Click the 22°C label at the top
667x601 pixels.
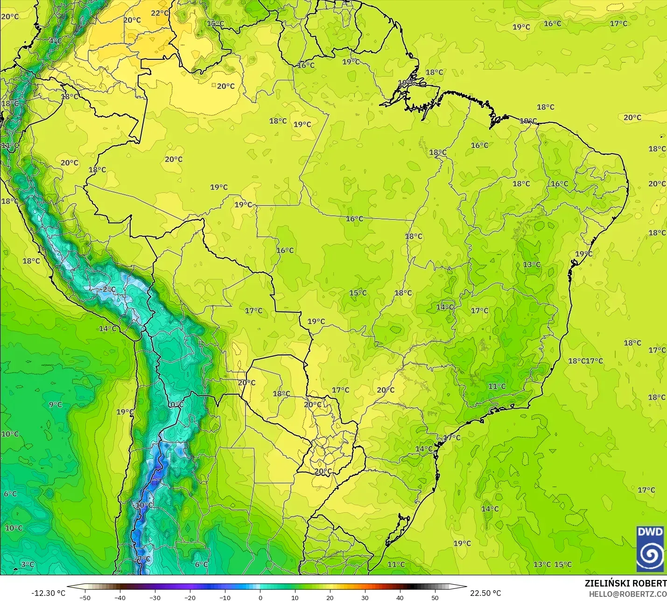(160, 13)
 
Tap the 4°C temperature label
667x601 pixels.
(55, 41)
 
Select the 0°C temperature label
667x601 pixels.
(176, 404)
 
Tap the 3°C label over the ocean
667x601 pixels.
(28, 565)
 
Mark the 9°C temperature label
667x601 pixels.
(55, 404)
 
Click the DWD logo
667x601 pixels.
(650, 548)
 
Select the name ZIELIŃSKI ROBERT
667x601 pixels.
(625, 584)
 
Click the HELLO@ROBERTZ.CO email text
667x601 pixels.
(627, 594)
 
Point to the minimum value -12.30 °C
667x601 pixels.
(48, 593)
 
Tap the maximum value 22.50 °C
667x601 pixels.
(485, 593)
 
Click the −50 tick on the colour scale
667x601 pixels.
(84, 598)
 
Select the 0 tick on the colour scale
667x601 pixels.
(260, 598)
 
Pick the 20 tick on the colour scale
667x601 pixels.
(330, 598)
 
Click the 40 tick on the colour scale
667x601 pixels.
(400, 598)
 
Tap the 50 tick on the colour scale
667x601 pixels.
(435, 598)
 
